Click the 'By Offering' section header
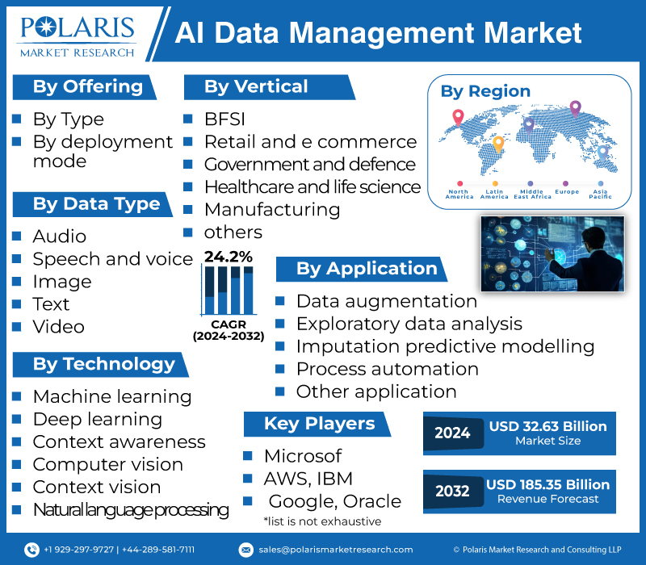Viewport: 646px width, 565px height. tap(87, 87)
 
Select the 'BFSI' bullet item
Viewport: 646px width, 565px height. tap(224, 119)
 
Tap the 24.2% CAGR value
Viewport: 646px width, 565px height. tap(228, 257)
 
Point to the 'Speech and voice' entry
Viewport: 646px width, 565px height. tap(112, 259)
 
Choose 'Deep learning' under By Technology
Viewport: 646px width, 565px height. tap(97, 420)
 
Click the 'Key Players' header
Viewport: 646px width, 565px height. tap(319, 424)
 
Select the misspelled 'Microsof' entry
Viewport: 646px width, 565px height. tap(303, 456)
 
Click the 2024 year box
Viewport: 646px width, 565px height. tap(452, 433)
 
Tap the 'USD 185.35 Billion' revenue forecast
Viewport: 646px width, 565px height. tap(547, 485)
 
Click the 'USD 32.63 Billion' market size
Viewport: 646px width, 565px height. tap(547, 427)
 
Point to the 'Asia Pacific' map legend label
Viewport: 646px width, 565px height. tap(600, 195)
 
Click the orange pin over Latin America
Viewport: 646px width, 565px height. tap(497, 144)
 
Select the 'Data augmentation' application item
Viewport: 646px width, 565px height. tap(386, 301)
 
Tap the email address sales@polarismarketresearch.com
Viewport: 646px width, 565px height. tap(336, 550)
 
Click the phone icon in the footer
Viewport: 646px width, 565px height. tap(31, 550)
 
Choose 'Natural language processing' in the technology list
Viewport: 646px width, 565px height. tap(130, 510)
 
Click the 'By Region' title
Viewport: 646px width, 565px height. tap(485, 91)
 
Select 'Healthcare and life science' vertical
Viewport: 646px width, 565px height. tap(312, 187)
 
